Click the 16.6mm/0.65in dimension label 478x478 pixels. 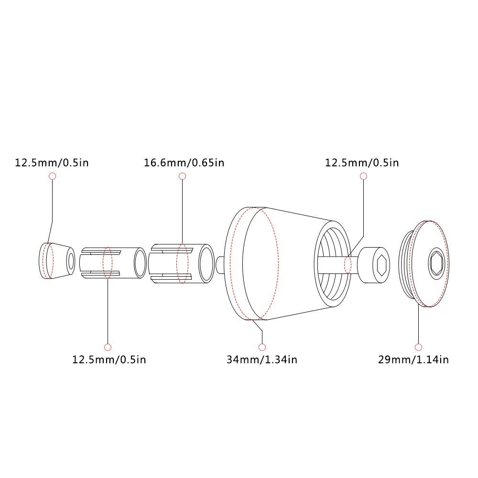click(x=184, y=163)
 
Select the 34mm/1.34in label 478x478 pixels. click(x=261, y=359)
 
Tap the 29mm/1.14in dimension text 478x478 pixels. click(x=413, y=359)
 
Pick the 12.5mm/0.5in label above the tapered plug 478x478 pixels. click(x=52, y=163)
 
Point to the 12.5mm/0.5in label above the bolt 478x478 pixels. click(x=362, y=163)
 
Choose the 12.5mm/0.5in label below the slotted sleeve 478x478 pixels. click(x=109, y=359)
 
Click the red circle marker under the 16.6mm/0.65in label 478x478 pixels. click(x=182, y=176)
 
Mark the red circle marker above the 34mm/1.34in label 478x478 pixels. click(x=261, y=347)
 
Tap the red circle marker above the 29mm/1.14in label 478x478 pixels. click(x=419, y=347)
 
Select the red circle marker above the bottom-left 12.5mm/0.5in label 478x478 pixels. click(x=108, y=347)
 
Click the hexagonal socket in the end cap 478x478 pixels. click(x=437, y=263)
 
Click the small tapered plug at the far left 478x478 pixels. click(x=56, y=261)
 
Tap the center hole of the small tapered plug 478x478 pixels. click(x=71, y=261)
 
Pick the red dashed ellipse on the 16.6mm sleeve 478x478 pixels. click(x=182, y=263)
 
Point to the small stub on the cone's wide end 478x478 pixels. click(x=220, y=263)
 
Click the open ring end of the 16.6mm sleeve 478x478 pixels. click(x=206, y=263)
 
